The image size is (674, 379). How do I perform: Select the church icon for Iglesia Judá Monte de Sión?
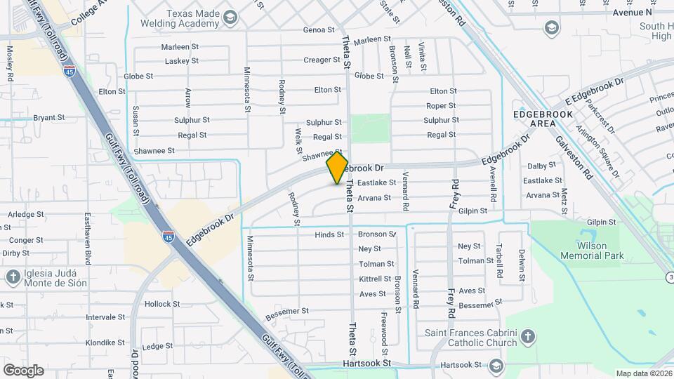(12, 277)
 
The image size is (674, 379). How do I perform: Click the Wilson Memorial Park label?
(592, 251)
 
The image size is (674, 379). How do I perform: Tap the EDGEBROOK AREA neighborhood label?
(534, 118)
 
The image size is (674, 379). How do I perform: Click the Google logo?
(23, 370)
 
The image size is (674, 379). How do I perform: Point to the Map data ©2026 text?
(644, 373)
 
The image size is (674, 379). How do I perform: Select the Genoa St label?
(319, 30)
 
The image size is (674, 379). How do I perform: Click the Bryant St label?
(49, 118)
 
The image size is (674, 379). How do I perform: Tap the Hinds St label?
(329, 234)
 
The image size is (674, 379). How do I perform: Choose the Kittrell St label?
(376, 279)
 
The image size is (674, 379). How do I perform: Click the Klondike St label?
(105, 343)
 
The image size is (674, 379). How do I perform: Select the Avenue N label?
(632, 13)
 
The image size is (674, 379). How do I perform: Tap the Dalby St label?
(541, 166)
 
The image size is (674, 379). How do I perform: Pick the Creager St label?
(322, 60)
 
